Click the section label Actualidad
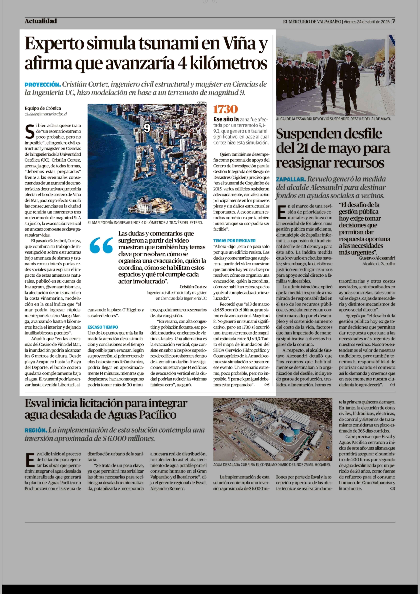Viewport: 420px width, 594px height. (41, 21)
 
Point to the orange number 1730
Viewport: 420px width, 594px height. (225, 109)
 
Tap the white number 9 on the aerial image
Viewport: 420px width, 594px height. (147, 128)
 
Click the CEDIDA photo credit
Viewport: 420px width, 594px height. (202, 102)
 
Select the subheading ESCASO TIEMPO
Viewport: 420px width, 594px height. (103, 327)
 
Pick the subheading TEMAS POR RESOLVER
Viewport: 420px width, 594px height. (234, 240)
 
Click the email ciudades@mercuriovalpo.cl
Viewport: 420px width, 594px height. (45, 114)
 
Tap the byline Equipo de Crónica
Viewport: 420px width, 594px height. (43, 108)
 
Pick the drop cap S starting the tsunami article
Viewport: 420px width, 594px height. (30, 131)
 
